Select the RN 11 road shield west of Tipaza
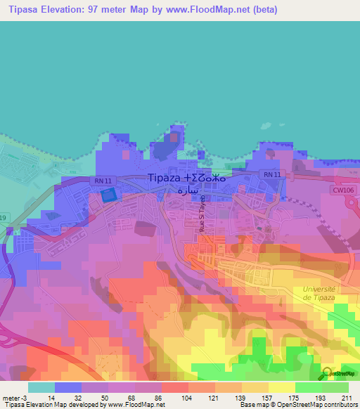[103, 181]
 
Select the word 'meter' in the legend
[13, 397]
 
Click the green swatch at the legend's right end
[335, 387]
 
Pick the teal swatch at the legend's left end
[41, 387]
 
